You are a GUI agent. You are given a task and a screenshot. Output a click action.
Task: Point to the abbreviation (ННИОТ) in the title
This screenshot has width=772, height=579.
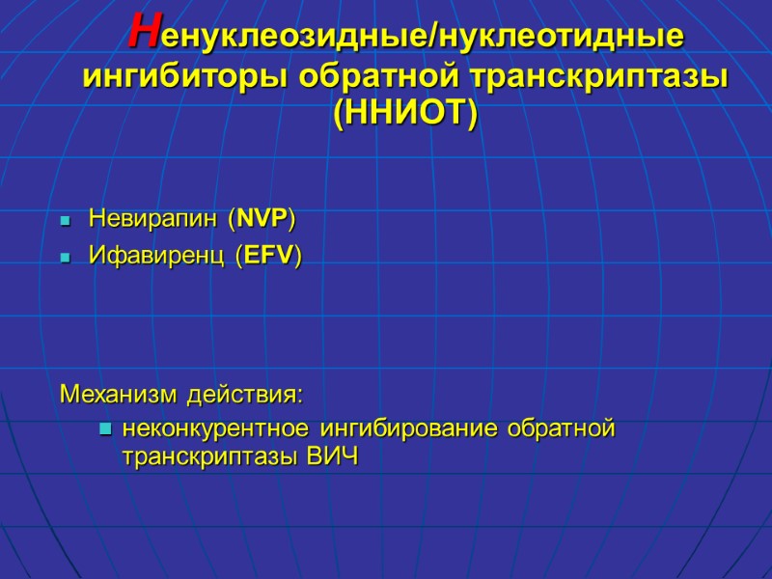[404, 114]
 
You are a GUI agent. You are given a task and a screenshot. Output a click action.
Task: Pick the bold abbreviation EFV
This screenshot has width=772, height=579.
[269, 256]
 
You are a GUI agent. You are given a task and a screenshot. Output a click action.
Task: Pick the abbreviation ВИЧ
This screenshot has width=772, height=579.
[331, 457]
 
